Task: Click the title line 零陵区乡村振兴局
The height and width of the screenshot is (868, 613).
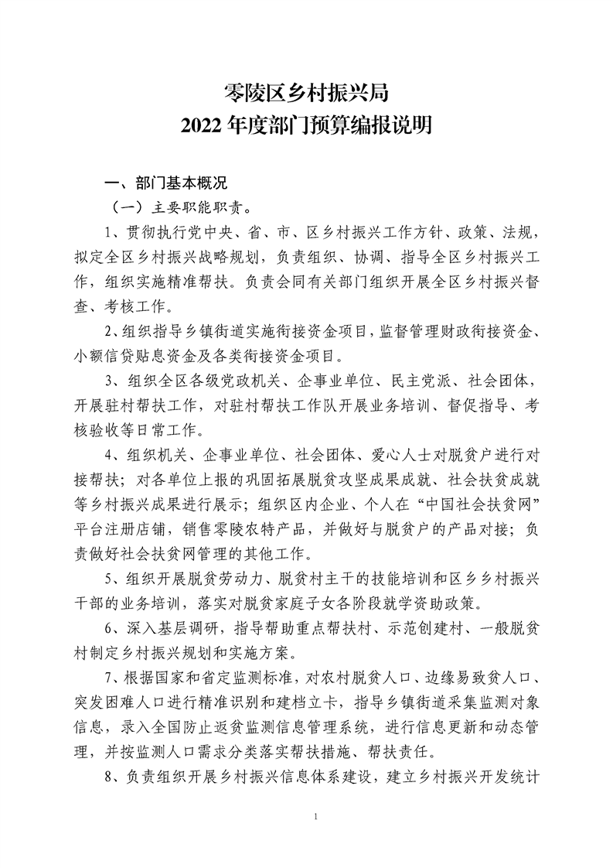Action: (305, 94)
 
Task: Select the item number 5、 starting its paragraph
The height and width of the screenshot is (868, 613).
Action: (113, 577)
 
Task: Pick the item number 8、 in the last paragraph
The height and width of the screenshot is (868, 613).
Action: (113, 778)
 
